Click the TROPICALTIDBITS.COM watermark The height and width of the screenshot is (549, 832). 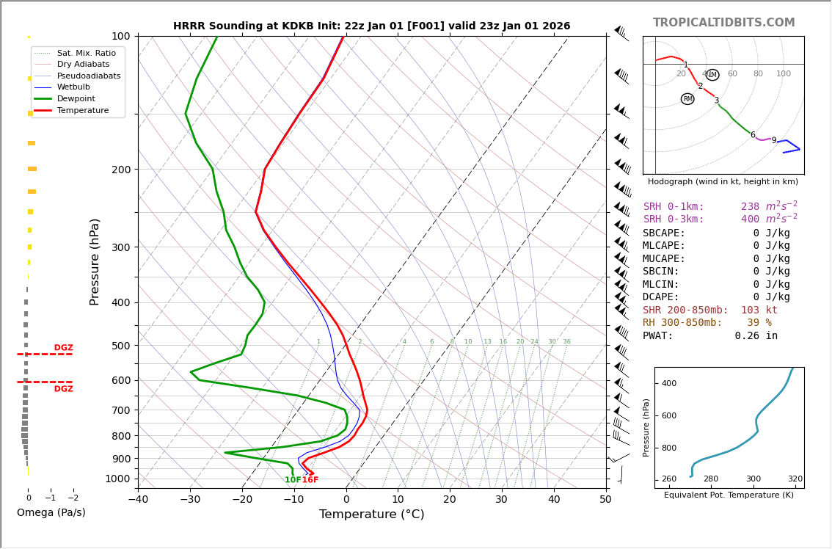(723, 23)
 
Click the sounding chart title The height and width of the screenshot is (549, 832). (371, 26)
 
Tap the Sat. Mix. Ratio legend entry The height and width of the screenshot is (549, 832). (86, 53)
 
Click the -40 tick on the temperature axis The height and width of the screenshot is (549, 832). (138, 500)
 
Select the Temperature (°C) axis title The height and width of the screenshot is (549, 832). (371, 515)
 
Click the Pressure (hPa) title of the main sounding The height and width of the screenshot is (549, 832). (95, 261)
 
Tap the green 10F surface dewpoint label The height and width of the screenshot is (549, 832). (293, 480)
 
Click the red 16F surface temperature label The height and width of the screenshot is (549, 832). (310, 480)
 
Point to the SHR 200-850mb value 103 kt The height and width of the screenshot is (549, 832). (759, 310)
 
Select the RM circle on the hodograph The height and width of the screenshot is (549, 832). (687, 99)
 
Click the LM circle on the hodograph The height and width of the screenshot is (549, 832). (712, 75)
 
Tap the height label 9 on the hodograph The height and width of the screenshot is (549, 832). (773, 141)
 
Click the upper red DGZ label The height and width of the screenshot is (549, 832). (64, 348)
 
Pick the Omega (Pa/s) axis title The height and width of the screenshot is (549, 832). (51, 512)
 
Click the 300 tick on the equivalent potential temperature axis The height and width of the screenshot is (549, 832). (753, 479)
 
